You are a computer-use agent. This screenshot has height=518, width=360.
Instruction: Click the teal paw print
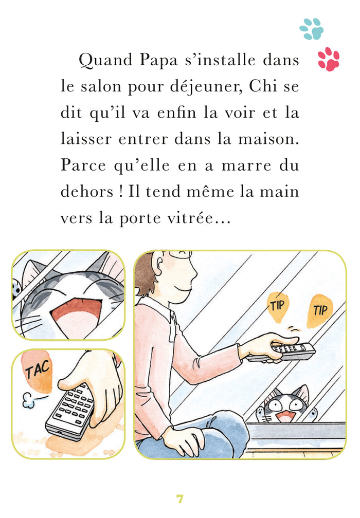(x=312, y=29)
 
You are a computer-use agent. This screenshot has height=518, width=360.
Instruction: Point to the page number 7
(x=179, y=498)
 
